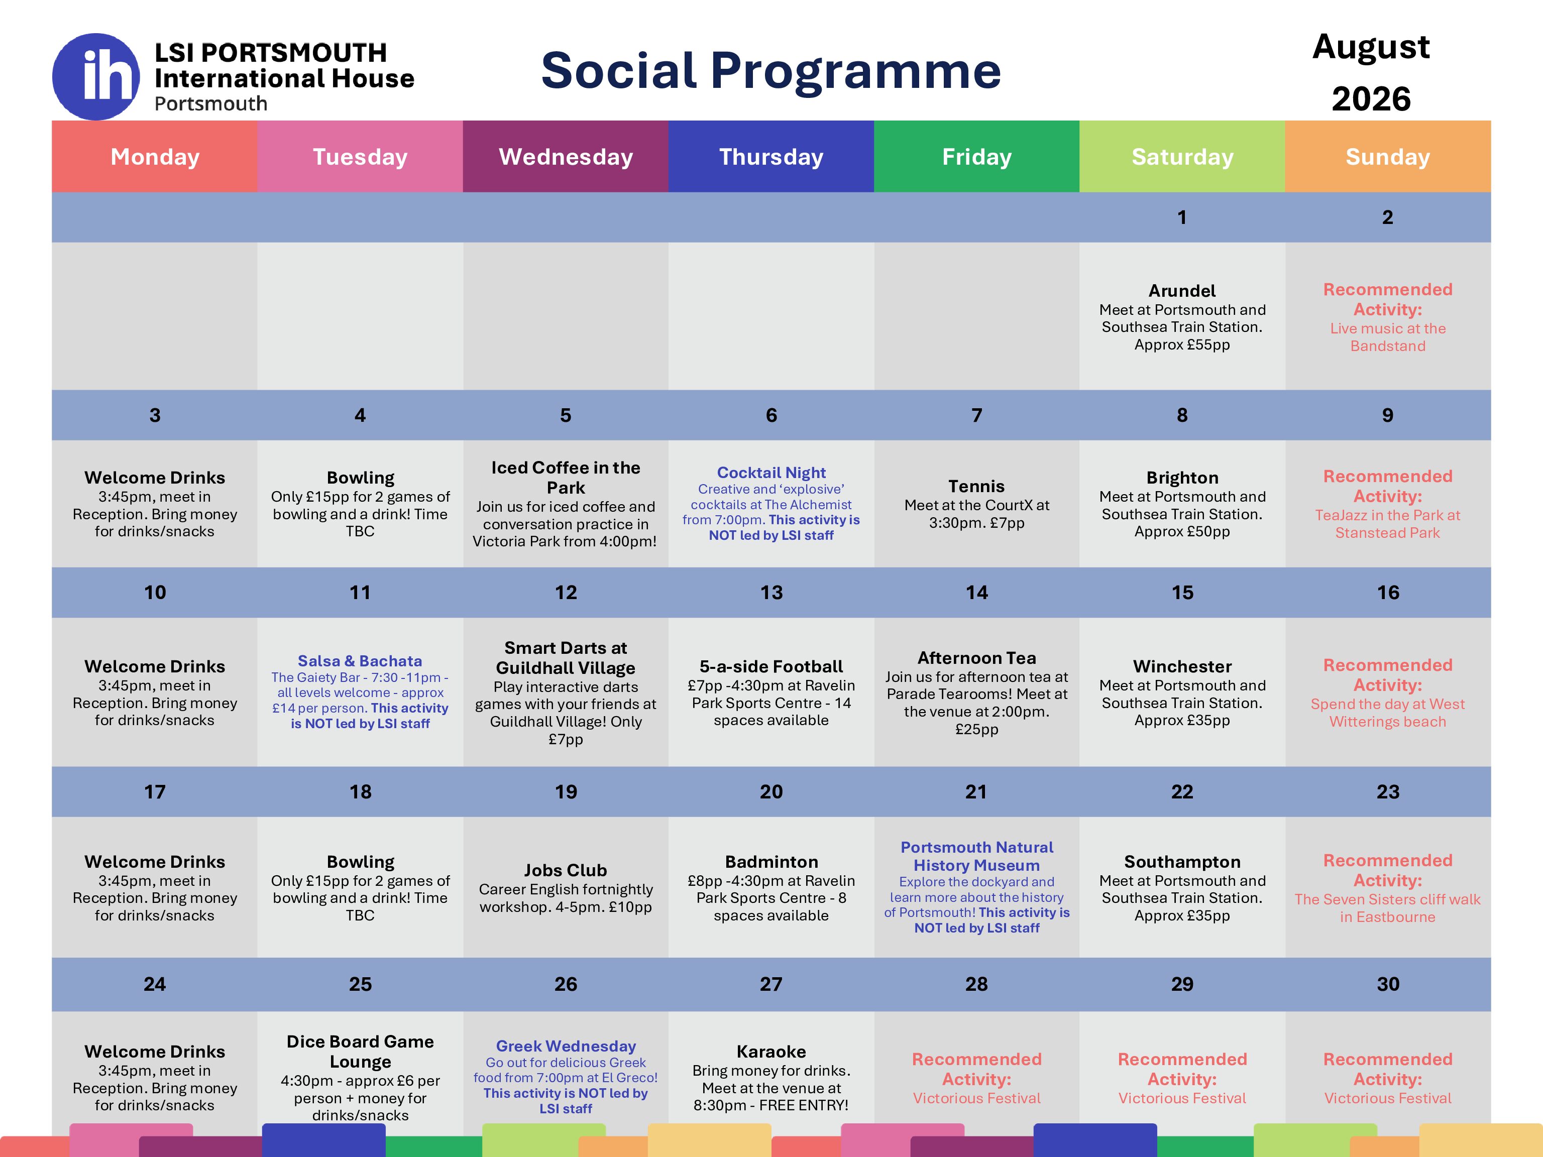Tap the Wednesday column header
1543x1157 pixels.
click(x=566, y=156)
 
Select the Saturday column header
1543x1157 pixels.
click(x=1182, y=156)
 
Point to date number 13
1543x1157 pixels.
click(x=771, y=592)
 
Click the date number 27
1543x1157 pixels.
click(x=771, y=984)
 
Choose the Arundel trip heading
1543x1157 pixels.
click(x=1182, y=291)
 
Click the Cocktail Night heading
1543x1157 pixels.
click(x=771, y=473)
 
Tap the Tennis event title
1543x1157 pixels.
click(x=976, y=486)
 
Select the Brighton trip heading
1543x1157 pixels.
click(x=1182, y=478)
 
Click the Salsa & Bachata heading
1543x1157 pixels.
click(x=360, y=661)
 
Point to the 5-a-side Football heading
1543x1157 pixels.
click(x=771, y=667)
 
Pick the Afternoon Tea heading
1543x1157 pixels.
click(x=976, y=658)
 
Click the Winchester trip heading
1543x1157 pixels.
click(x=1182, y=667)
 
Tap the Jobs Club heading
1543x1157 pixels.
click(x=566, y=870)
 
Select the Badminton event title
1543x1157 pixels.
click(x=771, y=862)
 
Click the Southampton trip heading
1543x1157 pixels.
click(x=1182, y=862)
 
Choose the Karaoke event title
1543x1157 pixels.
click(x=771, y=1052)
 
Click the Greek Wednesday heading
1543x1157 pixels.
click(x=566, y=1046)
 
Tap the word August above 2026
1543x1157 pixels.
click(x=1371, y=47)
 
